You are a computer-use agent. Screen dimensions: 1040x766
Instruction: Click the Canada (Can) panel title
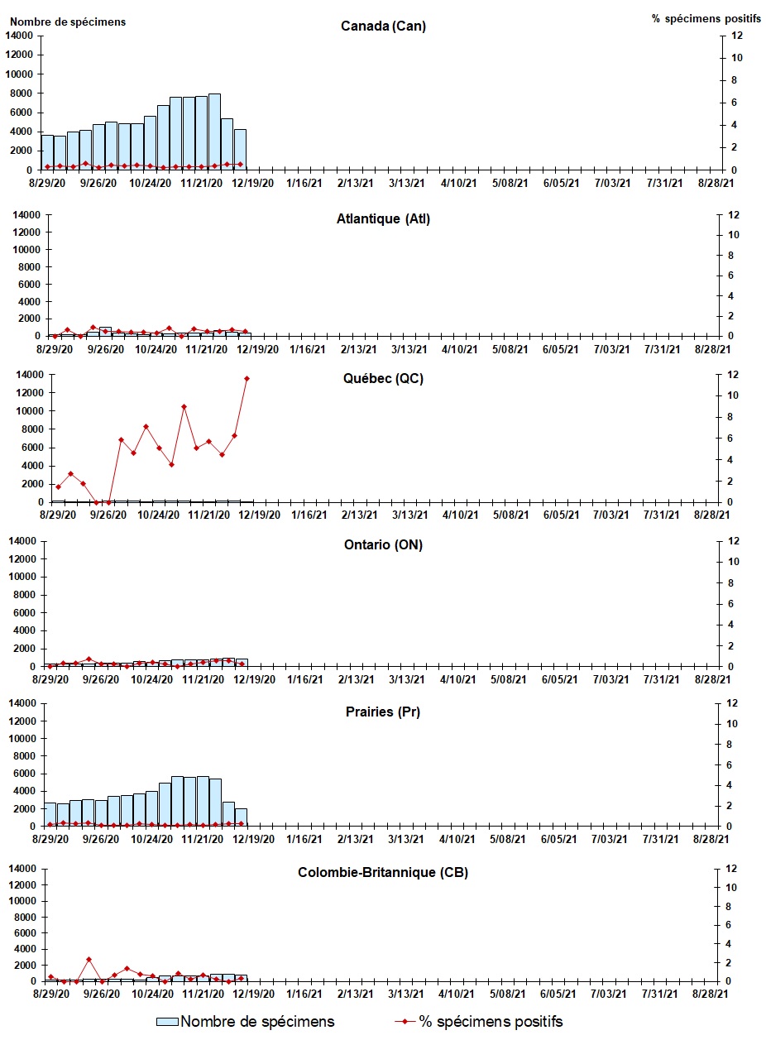pyautogui.click(x=383, y=26)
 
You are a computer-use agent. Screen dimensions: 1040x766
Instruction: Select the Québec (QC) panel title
pyautogui.click(x=383, y=379)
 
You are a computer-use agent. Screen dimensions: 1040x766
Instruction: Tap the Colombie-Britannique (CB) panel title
pyautogui.click(x=383, y=872)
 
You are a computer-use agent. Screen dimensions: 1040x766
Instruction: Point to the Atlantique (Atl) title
pyautogui.click(x=383, y=218)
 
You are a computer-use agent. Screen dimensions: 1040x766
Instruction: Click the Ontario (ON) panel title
pyautogui.click(x=383, y=544)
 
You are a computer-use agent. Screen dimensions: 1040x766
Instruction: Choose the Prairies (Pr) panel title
pyautogui.click(x=383, y=712)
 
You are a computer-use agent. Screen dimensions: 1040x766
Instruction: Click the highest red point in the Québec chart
pyautogui.click(x=247, y=378)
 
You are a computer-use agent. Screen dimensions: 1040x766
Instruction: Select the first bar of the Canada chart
pyautogui.click(x=47, y=152)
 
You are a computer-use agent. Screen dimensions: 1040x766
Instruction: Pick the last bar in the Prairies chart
pyautogui.click(x=241, y=817)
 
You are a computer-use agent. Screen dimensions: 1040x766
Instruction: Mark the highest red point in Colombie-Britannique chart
pyautogui.click(x=89, y=959)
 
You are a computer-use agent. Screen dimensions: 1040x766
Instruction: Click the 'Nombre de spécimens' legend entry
pyautogui.click(x=257, y=1022)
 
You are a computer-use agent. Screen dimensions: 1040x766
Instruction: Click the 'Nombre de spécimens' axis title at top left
pyautogui.click(x=68, y=22)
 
